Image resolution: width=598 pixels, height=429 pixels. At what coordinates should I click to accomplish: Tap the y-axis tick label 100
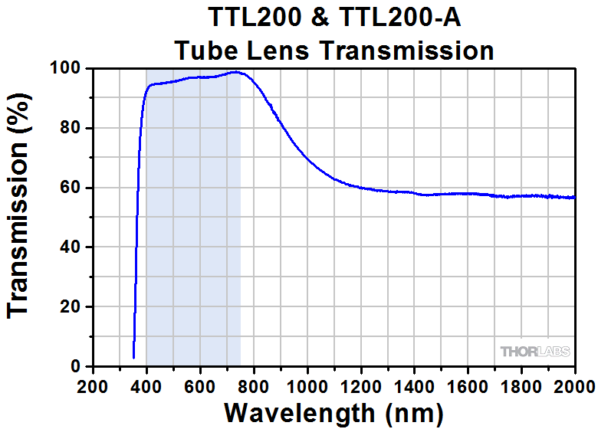pyautogui.click(x=64, y=69)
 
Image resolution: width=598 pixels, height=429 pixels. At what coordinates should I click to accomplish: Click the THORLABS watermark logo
pyautogui.click(x=535, y=352)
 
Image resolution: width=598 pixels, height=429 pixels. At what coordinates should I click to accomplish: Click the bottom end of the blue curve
pyautogui.click(x=134, y=357)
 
